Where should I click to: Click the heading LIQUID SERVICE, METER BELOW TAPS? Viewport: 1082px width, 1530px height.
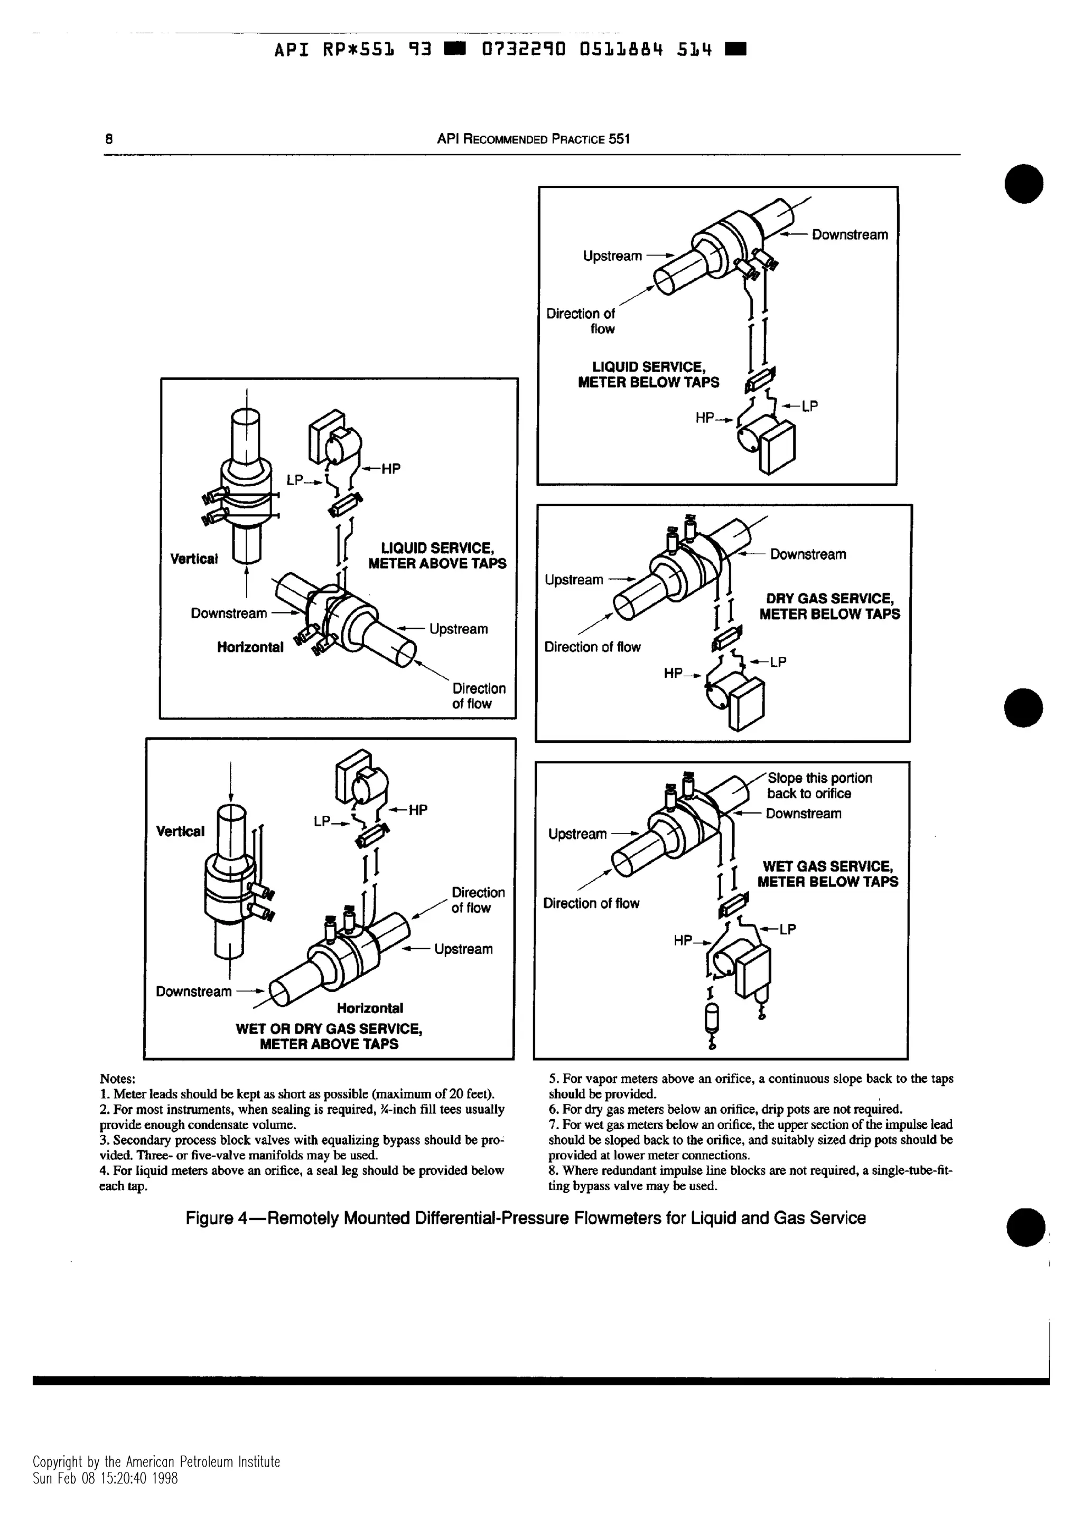(x=648, y=374)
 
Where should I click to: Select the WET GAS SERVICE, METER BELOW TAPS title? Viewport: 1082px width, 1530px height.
(x=827, y=874)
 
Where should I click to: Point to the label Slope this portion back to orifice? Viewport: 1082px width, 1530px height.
(x=819, y=786)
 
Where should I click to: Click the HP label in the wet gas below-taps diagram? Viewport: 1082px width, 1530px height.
(x=683, y=941)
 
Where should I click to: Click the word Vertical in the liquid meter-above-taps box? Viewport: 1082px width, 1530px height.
(x=193, y=559)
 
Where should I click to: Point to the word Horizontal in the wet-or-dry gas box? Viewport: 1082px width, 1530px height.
(x=369, y=1008)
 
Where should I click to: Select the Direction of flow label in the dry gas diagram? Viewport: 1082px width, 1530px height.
(x=592, y=647)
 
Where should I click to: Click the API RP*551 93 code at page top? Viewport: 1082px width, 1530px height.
(x=353, y=50)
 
